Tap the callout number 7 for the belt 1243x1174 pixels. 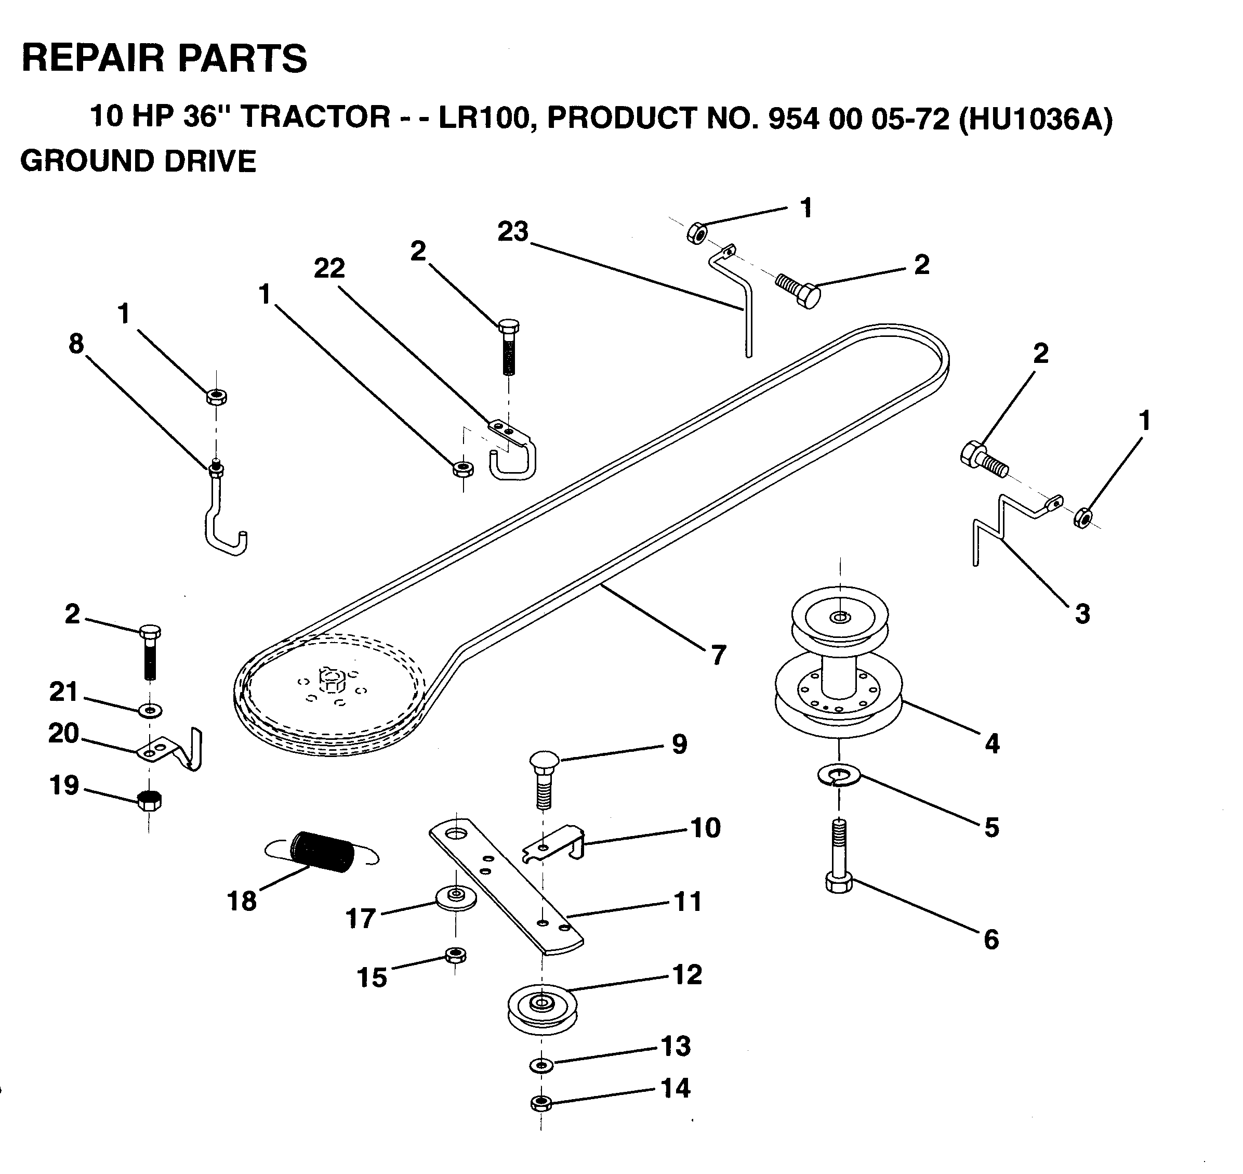click(718, 655)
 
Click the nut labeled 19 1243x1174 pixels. click(149, 800)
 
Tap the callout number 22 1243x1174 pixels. click(329, 268)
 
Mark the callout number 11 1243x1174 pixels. click(687, 901)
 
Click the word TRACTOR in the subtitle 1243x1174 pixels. click(316, 117)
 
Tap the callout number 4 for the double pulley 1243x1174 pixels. click(991, 743)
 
